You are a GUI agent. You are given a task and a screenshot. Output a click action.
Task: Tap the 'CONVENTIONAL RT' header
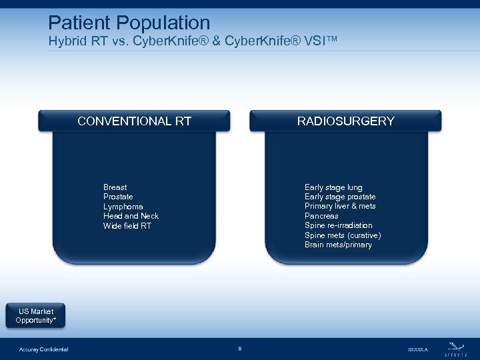click(x=134, y=121)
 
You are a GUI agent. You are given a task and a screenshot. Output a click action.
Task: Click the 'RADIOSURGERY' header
click(x=345, y=121)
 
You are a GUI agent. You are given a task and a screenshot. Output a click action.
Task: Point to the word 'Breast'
click(x=115, y=187)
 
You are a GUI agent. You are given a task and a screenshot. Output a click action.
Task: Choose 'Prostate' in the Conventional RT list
click(x=118, y=197)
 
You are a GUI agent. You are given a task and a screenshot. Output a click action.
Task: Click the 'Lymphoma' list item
click(x=123, y=207)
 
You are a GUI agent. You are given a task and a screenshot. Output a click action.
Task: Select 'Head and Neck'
click(x=131, y=216)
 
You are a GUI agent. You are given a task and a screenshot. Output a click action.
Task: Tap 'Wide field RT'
click(x=127, y=226)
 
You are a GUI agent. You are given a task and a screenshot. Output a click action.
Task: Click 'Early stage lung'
click(x=333, y=187)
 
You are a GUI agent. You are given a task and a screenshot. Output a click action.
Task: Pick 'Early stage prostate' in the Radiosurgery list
click(x=340, y=197)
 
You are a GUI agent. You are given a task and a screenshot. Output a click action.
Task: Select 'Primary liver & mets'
click(x=340, y=206)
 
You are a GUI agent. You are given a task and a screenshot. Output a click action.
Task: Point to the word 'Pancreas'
click(x=321, y=216)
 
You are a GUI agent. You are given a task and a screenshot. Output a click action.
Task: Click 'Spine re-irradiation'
click(x=338, y=225)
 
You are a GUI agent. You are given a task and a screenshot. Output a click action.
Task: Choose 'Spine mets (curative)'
click(x=343, y=235)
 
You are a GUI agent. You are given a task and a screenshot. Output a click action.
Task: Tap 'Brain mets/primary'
click(x=338, y=245)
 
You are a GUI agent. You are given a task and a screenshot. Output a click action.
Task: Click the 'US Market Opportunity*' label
click(x=35, y=316)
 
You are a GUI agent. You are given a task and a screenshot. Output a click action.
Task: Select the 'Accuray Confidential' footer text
click(x=43, y=349)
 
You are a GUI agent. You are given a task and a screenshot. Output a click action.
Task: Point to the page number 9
click(x=239, y=349)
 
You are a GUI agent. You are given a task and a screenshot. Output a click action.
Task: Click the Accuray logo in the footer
click(x=456, y=348)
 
